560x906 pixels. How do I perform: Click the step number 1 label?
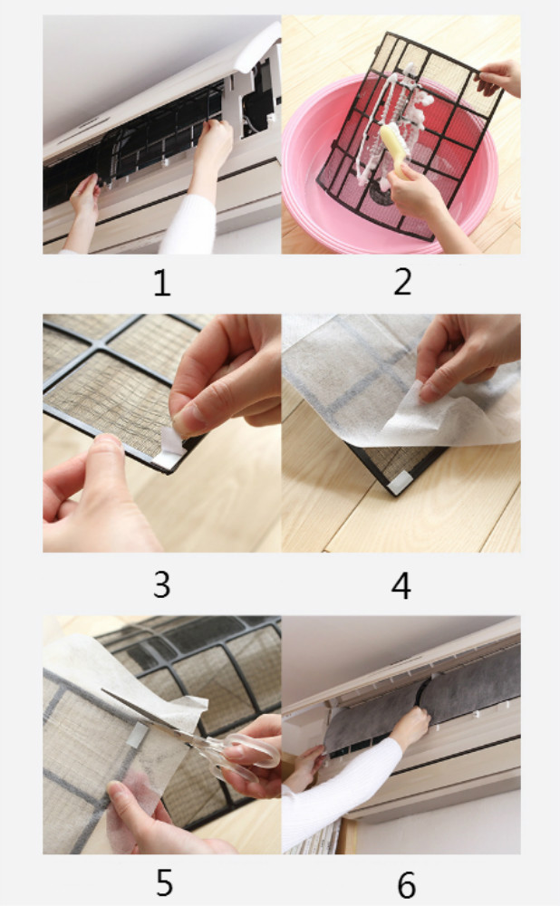[162, 283]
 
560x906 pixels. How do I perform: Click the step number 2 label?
[403, 282]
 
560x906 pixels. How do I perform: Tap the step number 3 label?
[162, 584]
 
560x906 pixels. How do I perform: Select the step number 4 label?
[401, 585]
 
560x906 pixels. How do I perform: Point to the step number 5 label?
[165, 882]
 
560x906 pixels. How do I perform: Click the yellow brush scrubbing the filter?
[395, 149]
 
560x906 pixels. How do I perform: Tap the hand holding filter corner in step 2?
[499, 78]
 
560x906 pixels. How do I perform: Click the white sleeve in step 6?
[335, 792]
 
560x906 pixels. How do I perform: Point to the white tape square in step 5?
[138, 735]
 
